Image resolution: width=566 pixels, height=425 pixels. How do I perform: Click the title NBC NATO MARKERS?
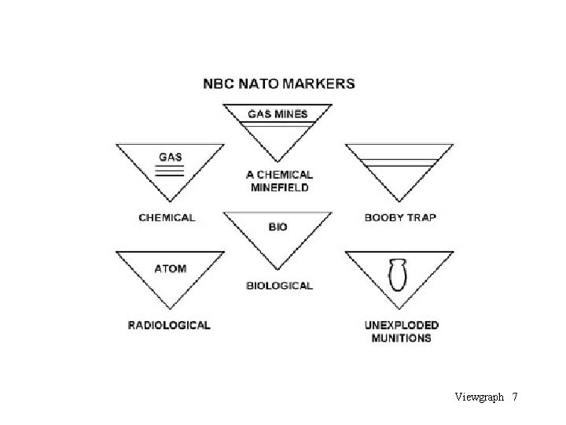tap(279, 83)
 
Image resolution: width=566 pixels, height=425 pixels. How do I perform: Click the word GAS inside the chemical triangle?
tap(171, 157)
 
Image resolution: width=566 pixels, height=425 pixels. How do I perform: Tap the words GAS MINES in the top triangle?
tap(278, 114)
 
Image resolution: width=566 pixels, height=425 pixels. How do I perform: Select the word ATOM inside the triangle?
tap(171, 268)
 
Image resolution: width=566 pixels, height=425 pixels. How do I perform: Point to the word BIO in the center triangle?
tap(278, 227)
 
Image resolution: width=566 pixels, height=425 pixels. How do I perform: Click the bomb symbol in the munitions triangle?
tap(398, 277)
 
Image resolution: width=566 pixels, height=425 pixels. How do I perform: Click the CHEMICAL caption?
tap(167, 217)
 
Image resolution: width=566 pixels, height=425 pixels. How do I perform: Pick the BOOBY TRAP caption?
tap(400, 217)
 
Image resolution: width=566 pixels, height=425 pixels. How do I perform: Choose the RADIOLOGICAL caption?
tap(169, 324)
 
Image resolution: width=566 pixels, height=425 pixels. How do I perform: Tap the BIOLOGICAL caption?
tap(279, 286)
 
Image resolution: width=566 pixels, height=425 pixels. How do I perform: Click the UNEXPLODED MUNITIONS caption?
tap(401, 331)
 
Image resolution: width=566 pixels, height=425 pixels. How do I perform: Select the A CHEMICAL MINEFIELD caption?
tap(279, 181)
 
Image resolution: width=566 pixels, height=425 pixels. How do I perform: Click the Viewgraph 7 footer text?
tap(486, 397)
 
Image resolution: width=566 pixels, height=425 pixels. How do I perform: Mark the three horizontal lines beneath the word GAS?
tap(171, 171)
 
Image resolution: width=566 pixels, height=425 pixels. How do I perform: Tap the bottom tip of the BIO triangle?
tap(278, 270)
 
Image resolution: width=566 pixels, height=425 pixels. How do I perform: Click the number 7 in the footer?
tap(514, 397)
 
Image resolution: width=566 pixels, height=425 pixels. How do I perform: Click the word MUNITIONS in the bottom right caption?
tap(401, 338)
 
